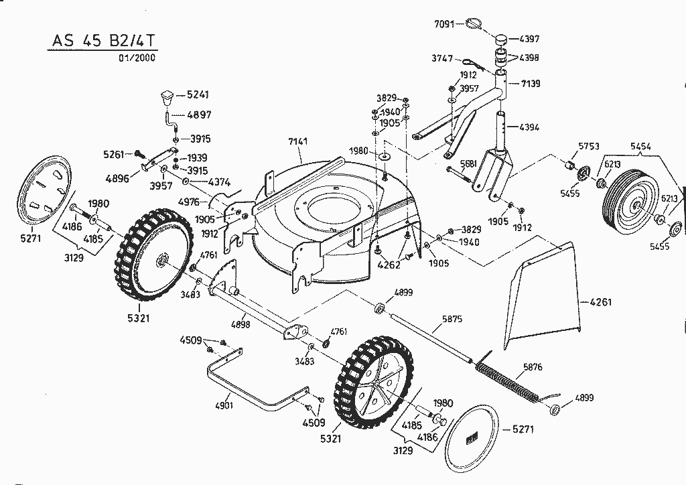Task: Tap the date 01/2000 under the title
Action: [137, 58]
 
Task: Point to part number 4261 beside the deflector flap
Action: [600, 302]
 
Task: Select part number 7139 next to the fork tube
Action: [530, 84]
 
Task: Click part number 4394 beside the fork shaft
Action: [529, 127]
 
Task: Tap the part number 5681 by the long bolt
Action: [468, 163]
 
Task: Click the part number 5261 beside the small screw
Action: [115, 155]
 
